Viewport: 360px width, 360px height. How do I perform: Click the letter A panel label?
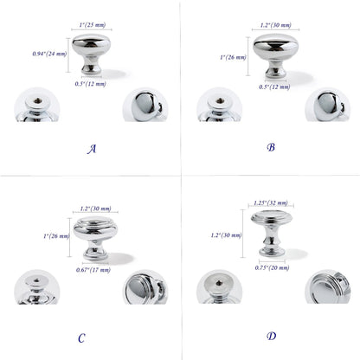coord(92,149)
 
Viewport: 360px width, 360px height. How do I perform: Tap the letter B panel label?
coord(271,147)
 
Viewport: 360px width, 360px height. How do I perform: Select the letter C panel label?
coord(81,337)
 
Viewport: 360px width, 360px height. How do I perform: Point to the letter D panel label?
coord(271,336)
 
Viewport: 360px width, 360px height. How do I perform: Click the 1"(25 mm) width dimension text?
coord(93,25)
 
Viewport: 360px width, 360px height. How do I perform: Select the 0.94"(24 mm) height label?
coord(49,54)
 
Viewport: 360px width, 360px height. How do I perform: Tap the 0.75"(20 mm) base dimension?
coord(272,267)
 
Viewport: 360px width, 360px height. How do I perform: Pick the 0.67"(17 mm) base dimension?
coord(93,270)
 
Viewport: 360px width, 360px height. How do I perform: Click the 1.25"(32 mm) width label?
coord(271,203)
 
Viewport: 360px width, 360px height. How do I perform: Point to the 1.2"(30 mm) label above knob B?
coord(275,25)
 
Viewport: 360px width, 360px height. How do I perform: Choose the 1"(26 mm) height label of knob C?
coord(56,236)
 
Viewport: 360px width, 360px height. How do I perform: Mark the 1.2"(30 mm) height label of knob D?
coord(226,235)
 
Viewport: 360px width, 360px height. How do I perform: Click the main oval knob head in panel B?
coord(276,47)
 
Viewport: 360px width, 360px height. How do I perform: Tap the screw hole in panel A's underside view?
coord(37,100)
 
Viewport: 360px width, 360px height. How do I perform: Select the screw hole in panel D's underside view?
coord(220,283)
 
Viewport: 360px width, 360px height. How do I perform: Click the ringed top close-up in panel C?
coord(145,287)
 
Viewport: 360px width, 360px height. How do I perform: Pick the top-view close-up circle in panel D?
coord(328,286)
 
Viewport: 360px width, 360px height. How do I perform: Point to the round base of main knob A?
coord(91,69)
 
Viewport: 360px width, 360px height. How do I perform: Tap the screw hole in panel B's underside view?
coord(220,100)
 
